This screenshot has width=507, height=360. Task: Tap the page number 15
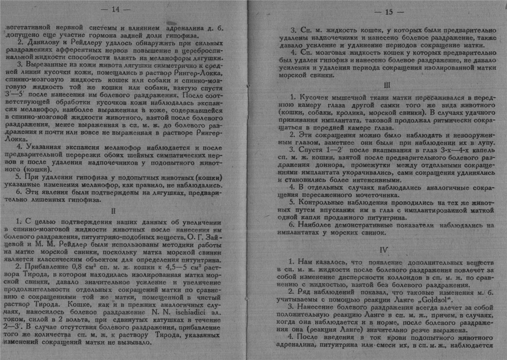pos(389,12)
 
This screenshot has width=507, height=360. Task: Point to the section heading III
pos(387,85)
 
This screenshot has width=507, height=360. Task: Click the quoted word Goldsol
pos(423,300)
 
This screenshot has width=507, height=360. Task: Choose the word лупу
pos(482,142)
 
